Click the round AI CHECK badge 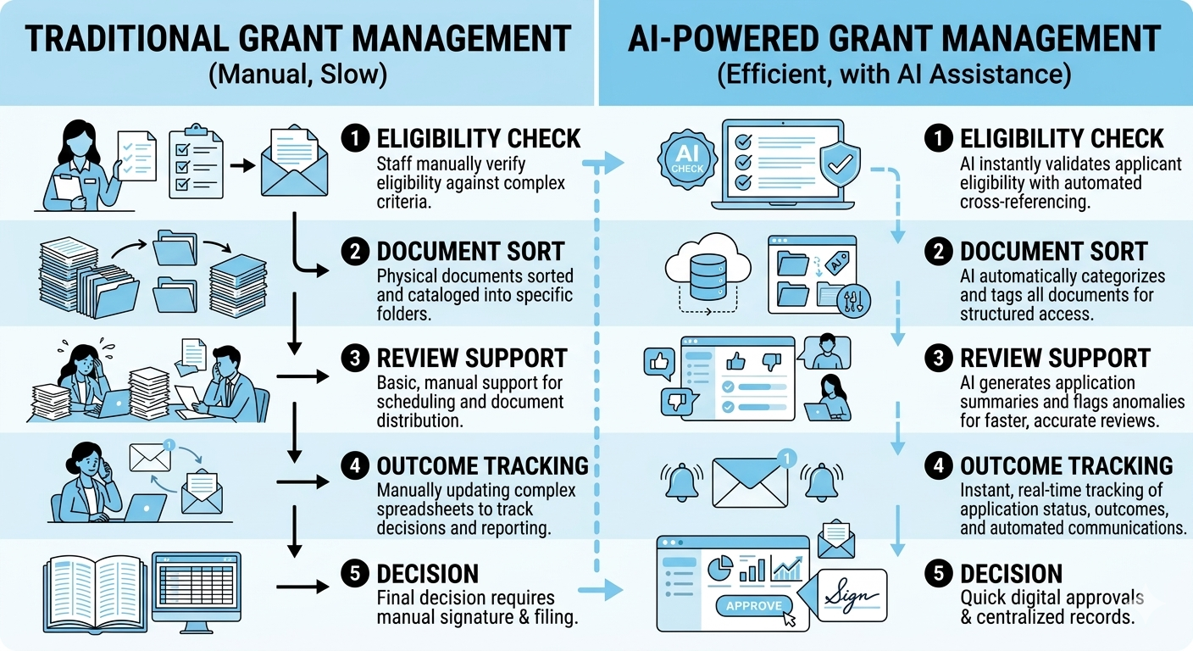[687, 159]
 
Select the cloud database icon [706, 270]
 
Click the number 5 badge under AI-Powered [938, 573]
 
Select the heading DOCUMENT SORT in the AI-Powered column [1053, 252]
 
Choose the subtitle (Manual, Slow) [297, 74]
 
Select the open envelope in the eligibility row [298, 164]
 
